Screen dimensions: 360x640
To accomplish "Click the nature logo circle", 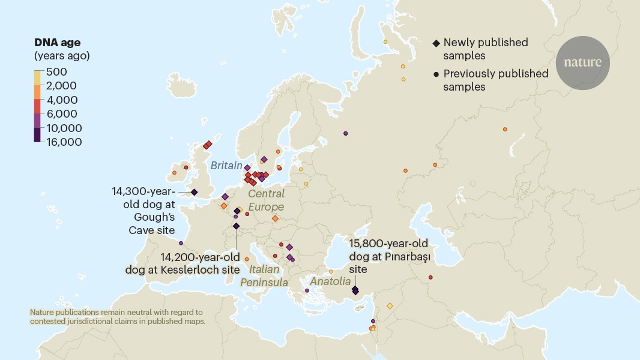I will tap(582, 62).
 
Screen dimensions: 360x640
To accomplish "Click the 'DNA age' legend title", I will tap(57, 43).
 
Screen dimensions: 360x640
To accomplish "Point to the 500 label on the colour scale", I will tap(57, 72).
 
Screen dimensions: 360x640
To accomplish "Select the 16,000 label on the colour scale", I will tap(62, 142).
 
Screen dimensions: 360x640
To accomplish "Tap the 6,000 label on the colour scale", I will tap(60, 114).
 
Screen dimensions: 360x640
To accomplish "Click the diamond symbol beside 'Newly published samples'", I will tap(436, 43).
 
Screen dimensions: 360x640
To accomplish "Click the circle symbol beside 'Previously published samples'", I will tap(436, 74).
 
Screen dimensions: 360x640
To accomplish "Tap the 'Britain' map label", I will tap(226, 166).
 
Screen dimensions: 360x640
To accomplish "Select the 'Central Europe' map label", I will tap(266, 200).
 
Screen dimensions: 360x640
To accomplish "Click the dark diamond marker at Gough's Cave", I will tap(194, 192).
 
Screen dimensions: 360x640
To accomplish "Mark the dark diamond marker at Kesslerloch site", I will tap(236, 226).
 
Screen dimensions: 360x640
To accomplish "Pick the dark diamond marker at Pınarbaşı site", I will tap(355, 290).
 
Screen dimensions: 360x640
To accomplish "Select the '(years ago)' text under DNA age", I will tap(62, 56).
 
